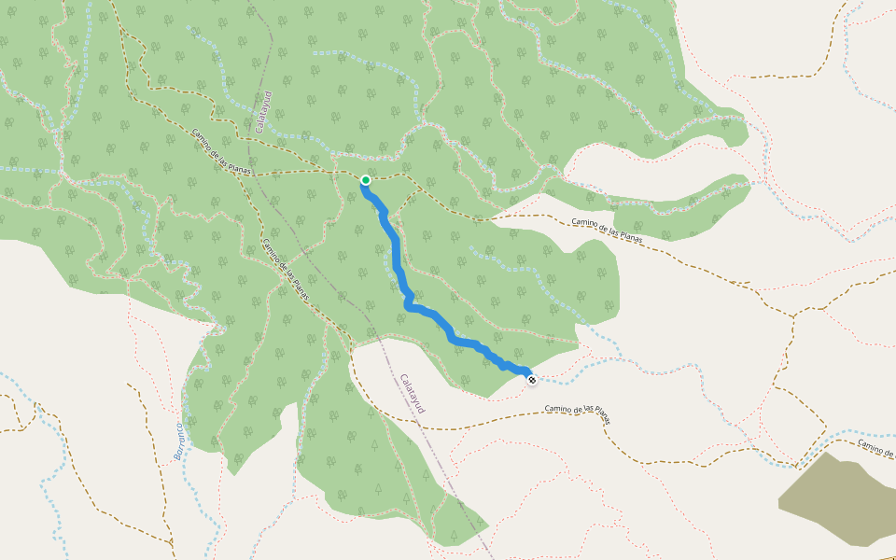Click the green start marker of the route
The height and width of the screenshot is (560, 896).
pyautogui.click(x=366, y=180)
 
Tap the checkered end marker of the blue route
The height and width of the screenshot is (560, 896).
pyautogui.click(x=531, y=380)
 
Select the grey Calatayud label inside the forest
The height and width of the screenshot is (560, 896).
pyautogui.click(x=262, y=112)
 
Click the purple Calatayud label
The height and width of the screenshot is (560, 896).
pyautogui.click(x=412, y=394)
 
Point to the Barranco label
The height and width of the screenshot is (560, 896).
pyautogui.click(x=179, y=441)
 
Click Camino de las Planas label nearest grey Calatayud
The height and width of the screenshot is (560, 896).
pyautogui.click(x=222, y=149)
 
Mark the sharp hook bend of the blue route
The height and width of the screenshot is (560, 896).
pyautogui.click(x=408, y=303)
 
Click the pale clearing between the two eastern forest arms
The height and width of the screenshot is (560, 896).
pyautogui.click(x=644, y=187)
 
